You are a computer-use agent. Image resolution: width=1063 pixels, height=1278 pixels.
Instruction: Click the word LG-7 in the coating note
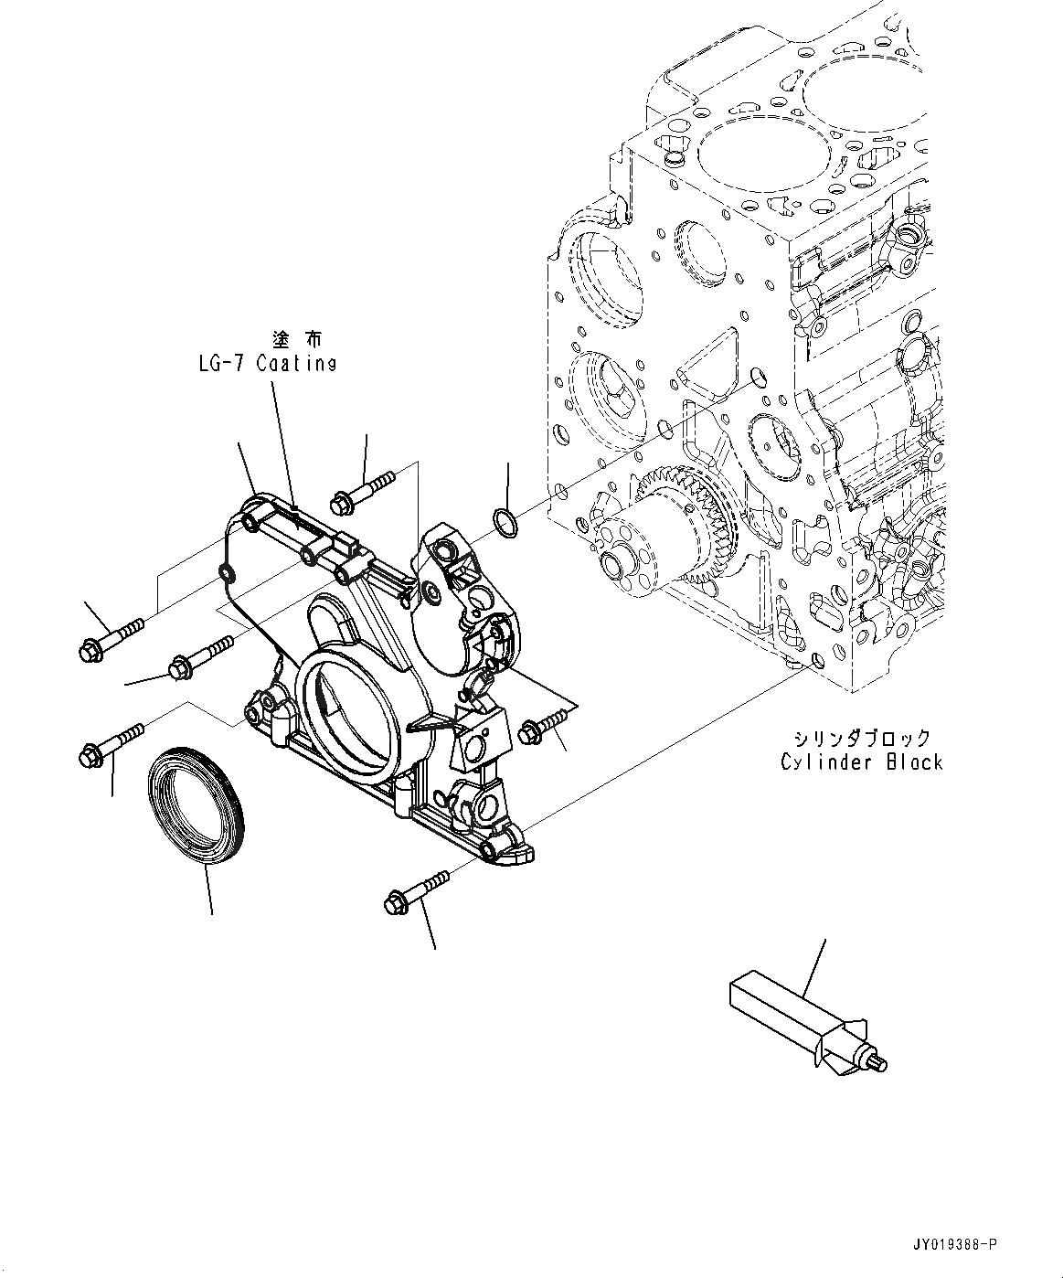click(220, 364)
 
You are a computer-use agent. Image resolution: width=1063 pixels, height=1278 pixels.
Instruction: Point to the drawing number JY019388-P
click(953, 1245)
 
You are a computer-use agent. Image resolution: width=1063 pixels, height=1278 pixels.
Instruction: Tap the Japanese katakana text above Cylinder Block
click(862, 738)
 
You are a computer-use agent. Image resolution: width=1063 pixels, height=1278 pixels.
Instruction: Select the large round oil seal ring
click(197, 801)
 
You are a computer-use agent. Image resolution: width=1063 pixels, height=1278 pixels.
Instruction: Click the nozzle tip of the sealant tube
click(879, 1063)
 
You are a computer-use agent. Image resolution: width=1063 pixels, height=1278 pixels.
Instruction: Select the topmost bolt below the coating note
click(364, 488)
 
